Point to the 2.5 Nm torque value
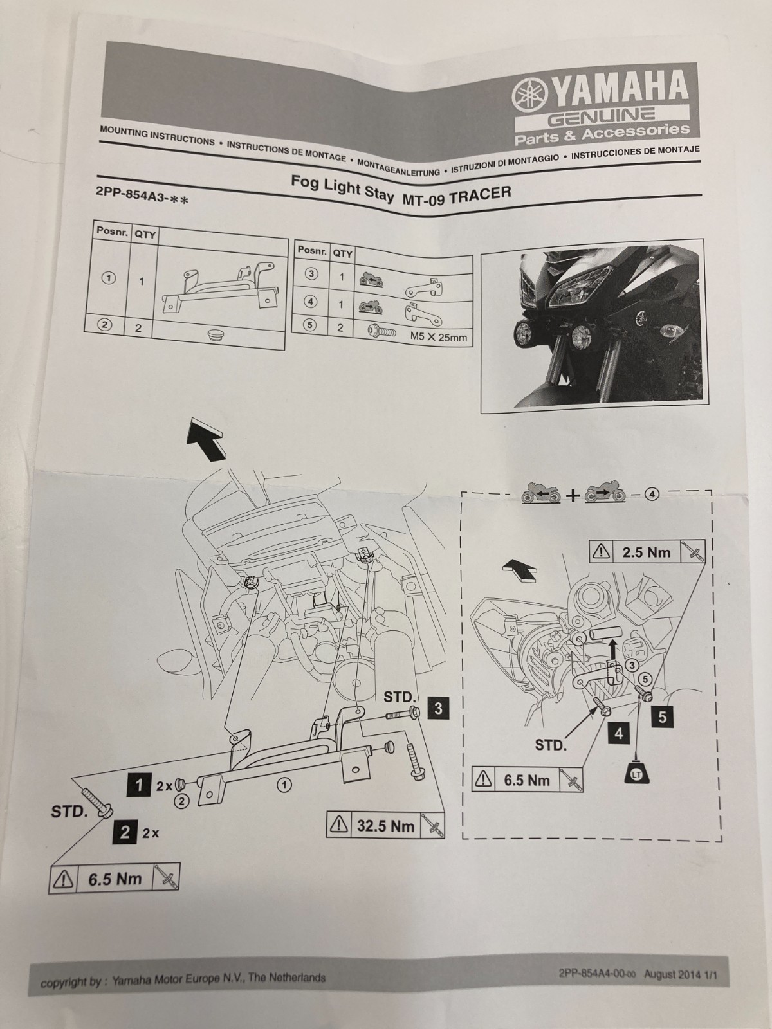646,552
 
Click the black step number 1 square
138,784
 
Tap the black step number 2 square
125,832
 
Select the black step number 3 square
439,708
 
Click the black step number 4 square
618,733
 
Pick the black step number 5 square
663,716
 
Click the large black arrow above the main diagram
207,440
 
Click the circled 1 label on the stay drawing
284,785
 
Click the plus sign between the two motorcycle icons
573,495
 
